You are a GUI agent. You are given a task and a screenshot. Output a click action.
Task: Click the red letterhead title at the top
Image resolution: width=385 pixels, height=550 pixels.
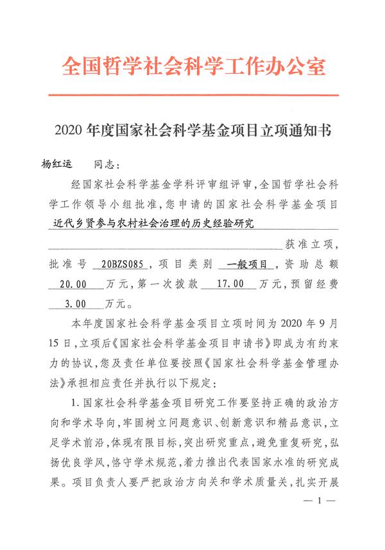coord(193,67)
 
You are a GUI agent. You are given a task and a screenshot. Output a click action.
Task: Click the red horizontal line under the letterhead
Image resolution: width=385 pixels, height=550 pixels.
coord(193,95)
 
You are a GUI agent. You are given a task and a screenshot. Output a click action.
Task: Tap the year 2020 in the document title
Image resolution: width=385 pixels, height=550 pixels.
coord(68,133)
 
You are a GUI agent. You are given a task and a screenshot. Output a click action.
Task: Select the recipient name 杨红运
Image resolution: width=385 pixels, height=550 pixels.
coord(57,166)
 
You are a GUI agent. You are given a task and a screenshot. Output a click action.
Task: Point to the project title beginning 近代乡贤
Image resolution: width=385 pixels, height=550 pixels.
coord(155,224)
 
